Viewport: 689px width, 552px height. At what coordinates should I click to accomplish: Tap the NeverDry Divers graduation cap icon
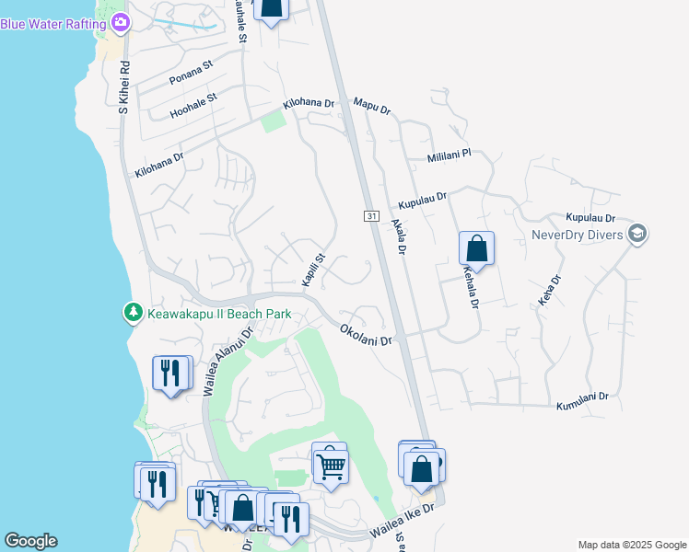pos(636,234)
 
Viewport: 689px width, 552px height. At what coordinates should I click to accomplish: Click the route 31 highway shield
pos(370,215)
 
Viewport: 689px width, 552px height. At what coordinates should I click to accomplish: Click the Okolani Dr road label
pos(366,334)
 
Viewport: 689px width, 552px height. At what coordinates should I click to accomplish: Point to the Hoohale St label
pos(193,105)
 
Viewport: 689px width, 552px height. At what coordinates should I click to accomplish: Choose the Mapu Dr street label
pos(372,104)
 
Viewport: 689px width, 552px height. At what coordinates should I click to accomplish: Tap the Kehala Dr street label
pos(472,286)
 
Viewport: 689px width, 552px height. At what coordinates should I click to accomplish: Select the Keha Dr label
pos(548,291)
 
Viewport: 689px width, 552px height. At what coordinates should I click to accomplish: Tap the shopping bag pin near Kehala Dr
pos(476,247)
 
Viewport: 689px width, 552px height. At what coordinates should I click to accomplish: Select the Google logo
pos(30,541)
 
